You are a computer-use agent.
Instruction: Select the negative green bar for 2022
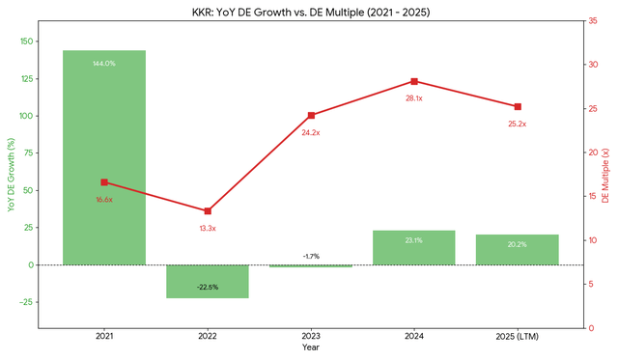pyautogui.click(x=208, y=281)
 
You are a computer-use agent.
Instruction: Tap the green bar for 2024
pyautogui.click(x=413, y=247)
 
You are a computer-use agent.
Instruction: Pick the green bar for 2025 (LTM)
pyautogui.click(x=517, y=249)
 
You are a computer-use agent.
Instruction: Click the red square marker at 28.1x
pyautogui.click(x=414, y=81)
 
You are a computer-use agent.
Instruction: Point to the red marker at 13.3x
pyautogui.click(x=208, y=211)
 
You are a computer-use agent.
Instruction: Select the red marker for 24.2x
pyautogui.click(x=311, y=115)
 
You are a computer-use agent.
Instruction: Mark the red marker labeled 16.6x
pyautogui.click(x=104, y=182)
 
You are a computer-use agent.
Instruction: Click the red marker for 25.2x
pyautogui.click(x=518, y=107)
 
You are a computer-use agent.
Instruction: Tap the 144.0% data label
pyautogui.click(x=104, y=64)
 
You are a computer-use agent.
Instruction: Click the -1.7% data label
pyautogui.click(x=311, y=256)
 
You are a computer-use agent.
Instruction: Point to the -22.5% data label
pyautogui.click(x=208, y=287)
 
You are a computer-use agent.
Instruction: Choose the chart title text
pyautogui.click(x=310, y=12)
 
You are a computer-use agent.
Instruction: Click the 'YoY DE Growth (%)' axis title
pyautogui.click(x=11, y=175)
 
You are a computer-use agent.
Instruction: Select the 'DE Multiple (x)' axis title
pyautogui.click(x=605, y=175)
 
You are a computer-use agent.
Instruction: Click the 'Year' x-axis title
pyautogui.click(x=310, y=347)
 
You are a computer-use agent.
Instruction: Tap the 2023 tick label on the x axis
pyautogui.click(x=311, y=335)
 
